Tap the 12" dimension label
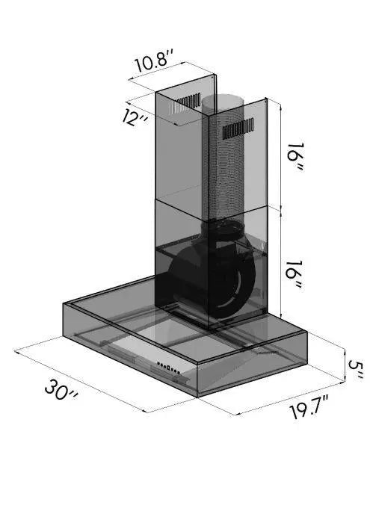[134, 117]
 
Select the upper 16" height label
[295, 157]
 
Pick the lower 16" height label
[295, 275]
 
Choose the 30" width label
[61, 389]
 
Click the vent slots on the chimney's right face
[238, 128]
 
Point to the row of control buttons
[168, 368]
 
